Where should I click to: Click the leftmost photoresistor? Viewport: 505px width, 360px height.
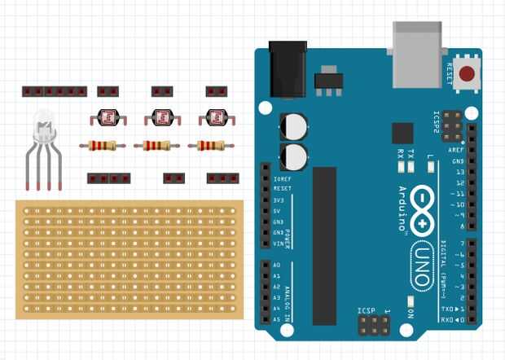[108, 118]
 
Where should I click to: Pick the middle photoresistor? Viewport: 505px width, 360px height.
[162, 118]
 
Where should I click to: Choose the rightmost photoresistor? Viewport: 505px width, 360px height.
[215, 118]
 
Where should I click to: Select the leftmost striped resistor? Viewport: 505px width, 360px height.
[103, 147]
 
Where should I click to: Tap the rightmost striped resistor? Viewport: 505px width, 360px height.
[211, 147]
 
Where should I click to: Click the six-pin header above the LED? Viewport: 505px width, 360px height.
[55, 91]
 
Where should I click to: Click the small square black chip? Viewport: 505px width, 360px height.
[402, 134]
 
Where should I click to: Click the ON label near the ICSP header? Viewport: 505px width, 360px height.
[411, 314]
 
